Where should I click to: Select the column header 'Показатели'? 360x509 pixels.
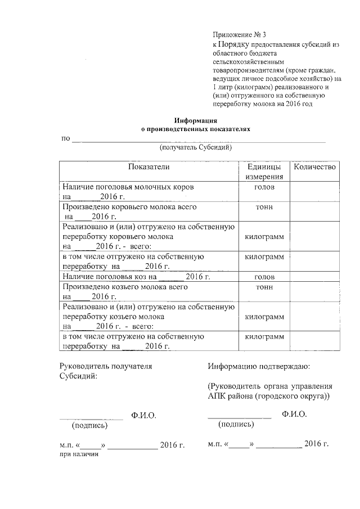[x=148, y=167]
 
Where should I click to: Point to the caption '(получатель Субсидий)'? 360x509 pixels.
[x=196, y=147]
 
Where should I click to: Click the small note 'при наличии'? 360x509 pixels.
[x=79, y=454]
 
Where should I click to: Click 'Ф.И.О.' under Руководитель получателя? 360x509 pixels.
[x=143, y=416]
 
